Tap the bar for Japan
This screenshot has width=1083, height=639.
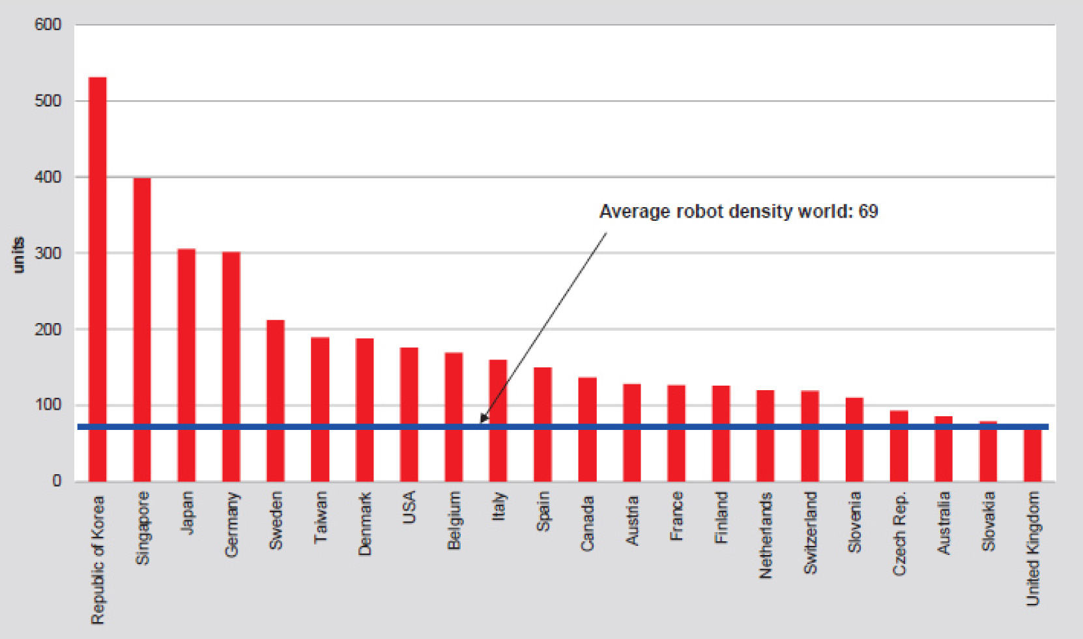(x=186, y=365)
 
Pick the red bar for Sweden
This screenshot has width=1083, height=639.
(x=276, y=401)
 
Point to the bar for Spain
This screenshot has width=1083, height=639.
(x=543, y=424)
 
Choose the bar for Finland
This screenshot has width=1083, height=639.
(x=721, y=433)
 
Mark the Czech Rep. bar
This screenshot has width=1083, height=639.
(x=899, y=446)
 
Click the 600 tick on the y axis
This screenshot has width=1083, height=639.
(x=48, y=25)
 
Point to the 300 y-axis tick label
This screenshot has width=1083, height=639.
(x=48, y=253)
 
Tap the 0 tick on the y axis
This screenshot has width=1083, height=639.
(x=57, y=481)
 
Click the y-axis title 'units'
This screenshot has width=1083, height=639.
(x=18, y=255)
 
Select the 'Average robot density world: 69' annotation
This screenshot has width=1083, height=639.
(x=738, y=212)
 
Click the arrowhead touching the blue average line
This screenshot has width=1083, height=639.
(x=483, y=419)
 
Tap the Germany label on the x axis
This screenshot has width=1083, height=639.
(x=232, y=525)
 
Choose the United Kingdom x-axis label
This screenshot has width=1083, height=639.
(x=1033, y=548)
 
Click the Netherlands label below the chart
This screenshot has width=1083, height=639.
(x=766, y=535)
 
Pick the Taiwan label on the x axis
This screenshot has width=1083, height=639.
(x=321, y=518)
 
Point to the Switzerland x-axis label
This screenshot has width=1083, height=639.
(x=810, y=533)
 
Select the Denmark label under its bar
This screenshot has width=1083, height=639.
(x=365, y=524)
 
